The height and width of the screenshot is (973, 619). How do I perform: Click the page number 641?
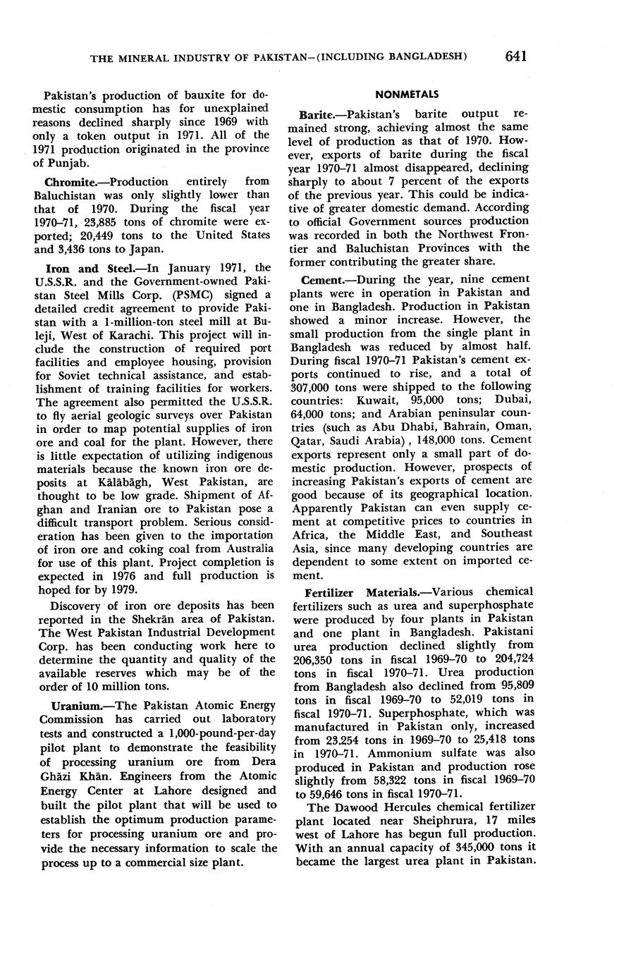pyautogui.click(x=517, y=56)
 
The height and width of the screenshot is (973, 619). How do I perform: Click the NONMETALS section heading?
pyautogui.click(x=407, y=94)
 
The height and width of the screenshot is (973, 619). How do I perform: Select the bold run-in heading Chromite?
pyautogui.click(x=71, y=182)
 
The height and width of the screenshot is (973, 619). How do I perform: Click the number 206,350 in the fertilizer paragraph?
pyautogui.click(x=315, y=659)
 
